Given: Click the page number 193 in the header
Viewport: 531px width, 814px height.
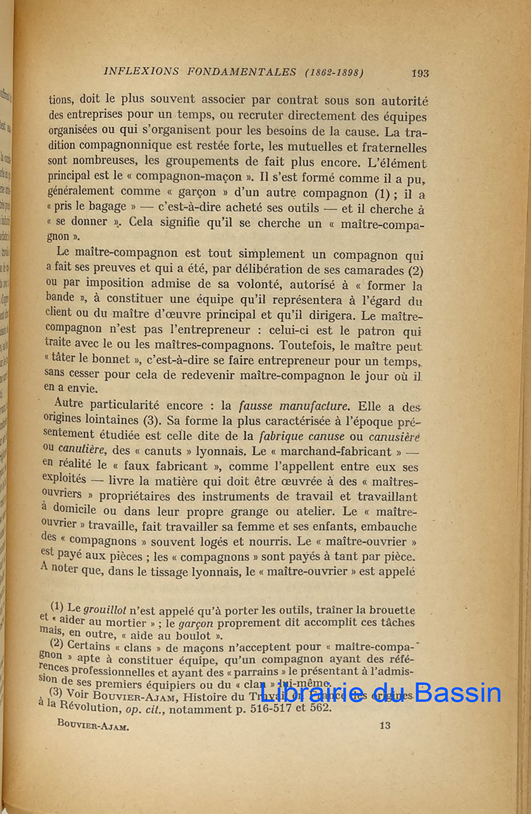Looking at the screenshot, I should (420, 73).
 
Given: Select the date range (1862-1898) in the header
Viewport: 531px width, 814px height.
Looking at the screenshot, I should (334, 72).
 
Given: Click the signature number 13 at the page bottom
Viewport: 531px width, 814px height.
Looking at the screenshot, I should (385, 725).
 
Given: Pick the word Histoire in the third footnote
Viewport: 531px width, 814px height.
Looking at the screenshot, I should (208, 696).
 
